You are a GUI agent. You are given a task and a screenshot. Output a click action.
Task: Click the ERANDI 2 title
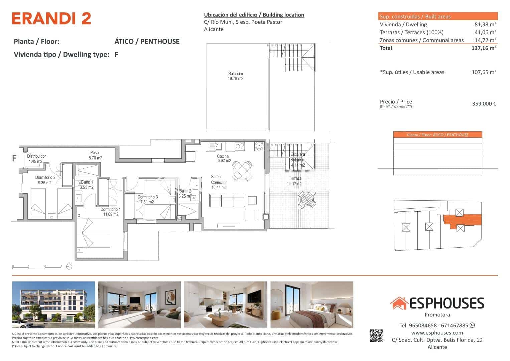tap(51, 19)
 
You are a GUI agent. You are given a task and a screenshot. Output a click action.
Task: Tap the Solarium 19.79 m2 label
tap(235, 76)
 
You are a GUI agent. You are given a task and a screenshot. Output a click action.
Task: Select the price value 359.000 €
tap(484, 104)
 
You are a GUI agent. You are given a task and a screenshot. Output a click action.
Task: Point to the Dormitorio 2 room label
tap(45, 180)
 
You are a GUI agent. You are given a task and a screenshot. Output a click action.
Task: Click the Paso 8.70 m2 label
tap(95, 155)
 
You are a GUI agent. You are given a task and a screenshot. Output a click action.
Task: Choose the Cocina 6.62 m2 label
tap(224, 158)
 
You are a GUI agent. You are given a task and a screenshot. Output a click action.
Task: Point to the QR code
tap(376, 336)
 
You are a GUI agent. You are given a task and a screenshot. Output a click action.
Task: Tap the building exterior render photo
tap(53, 305)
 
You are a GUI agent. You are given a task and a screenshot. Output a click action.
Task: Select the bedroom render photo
tap(311, 305)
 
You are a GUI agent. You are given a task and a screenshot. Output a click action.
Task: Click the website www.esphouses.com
tap(437, 333)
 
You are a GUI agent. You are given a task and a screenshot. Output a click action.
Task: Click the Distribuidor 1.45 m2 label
tap(36, 159)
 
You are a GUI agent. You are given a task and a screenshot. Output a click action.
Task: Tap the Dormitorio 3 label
tap(147, 199)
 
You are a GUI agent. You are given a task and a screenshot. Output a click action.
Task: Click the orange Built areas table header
tap(438, 16)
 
